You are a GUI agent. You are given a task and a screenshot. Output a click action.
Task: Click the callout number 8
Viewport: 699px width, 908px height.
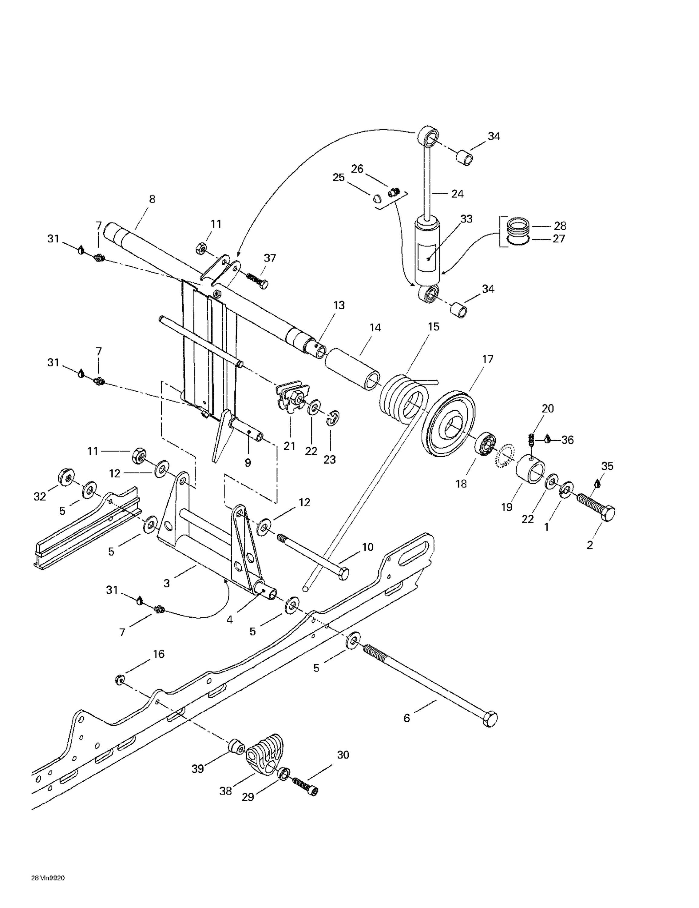[152, 199]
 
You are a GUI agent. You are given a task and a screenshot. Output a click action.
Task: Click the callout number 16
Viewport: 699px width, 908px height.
[159, 654]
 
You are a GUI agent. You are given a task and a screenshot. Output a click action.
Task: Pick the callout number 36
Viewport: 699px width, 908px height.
[567, 440]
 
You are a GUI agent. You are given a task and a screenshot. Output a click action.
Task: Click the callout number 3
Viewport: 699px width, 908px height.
[167, 583]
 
